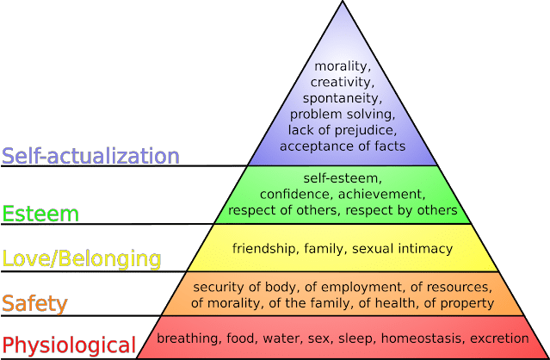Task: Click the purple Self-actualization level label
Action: pyautogui.click(x=90, y=156)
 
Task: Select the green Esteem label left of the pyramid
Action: pyautogui.click(x=40, y=214)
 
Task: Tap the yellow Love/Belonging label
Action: pyautogui.click(x=82, y=259)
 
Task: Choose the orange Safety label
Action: pyautogui.click(x=34, y=304)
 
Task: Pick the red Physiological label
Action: pyautogui.click(x=69, y=345)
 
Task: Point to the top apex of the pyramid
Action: pyautogui.click(x=343, y=2)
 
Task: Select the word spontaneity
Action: pyautogui.click(x=343, y=98)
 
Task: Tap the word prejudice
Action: pyautogui.click(x=366, y=131)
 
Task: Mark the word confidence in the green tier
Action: pyautogui.click(x=297, y=194)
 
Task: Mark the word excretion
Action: pyautogui.click(x=499, y=338)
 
